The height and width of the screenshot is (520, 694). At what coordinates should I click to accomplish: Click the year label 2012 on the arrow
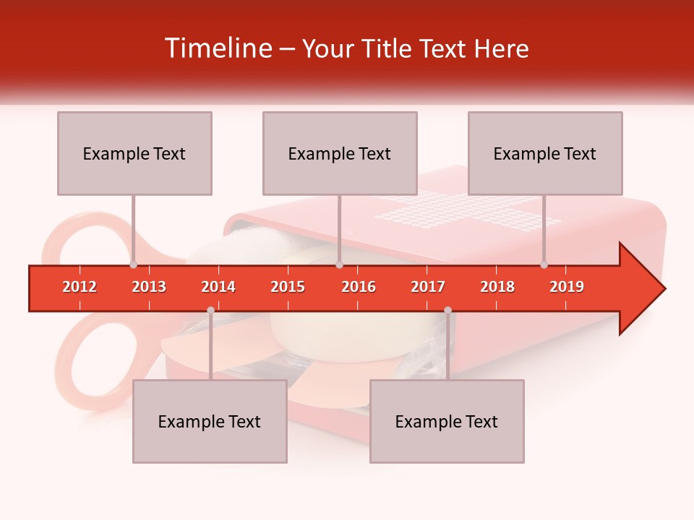(x=80, y=287)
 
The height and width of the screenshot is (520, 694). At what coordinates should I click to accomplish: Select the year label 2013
(x=149, y=287)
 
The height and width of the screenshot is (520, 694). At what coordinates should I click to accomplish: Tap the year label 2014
(x=218, y=287)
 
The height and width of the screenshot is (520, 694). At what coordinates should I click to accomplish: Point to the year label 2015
(x=288, y=287)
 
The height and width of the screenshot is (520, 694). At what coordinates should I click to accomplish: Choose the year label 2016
(x=359, y=287)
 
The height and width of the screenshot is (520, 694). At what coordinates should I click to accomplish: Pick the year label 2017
(x=428, y=287)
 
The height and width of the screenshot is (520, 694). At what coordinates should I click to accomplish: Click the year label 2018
(x=497, y=287)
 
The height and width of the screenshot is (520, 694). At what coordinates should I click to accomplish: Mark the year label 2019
(x=567, y=287)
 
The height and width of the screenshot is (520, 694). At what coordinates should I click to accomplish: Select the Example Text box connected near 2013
(x=134, y=153)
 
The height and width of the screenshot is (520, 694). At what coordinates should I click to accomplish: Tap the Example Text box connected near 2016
(x=340, y=153)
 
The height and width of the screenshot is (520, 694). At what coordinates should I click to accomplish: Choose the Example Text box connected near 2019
(x=545, y=153)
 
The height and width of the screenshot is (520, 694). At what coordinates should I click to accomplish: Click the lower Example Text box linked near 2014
(x=210, y=421)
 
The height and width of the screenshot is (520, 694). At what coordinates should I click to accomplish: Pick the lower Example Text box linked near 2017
(x=447, y=421)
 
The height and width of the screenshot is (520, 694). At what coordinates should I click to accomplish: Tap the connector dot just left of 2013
(x=134, y=265)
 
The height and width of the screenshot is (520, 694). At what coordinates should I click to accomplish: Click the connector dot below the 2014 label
(x=210, y=310)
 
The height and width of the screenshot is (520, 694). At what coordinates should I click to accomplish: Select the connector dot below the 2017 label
(x=447, y=310)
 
